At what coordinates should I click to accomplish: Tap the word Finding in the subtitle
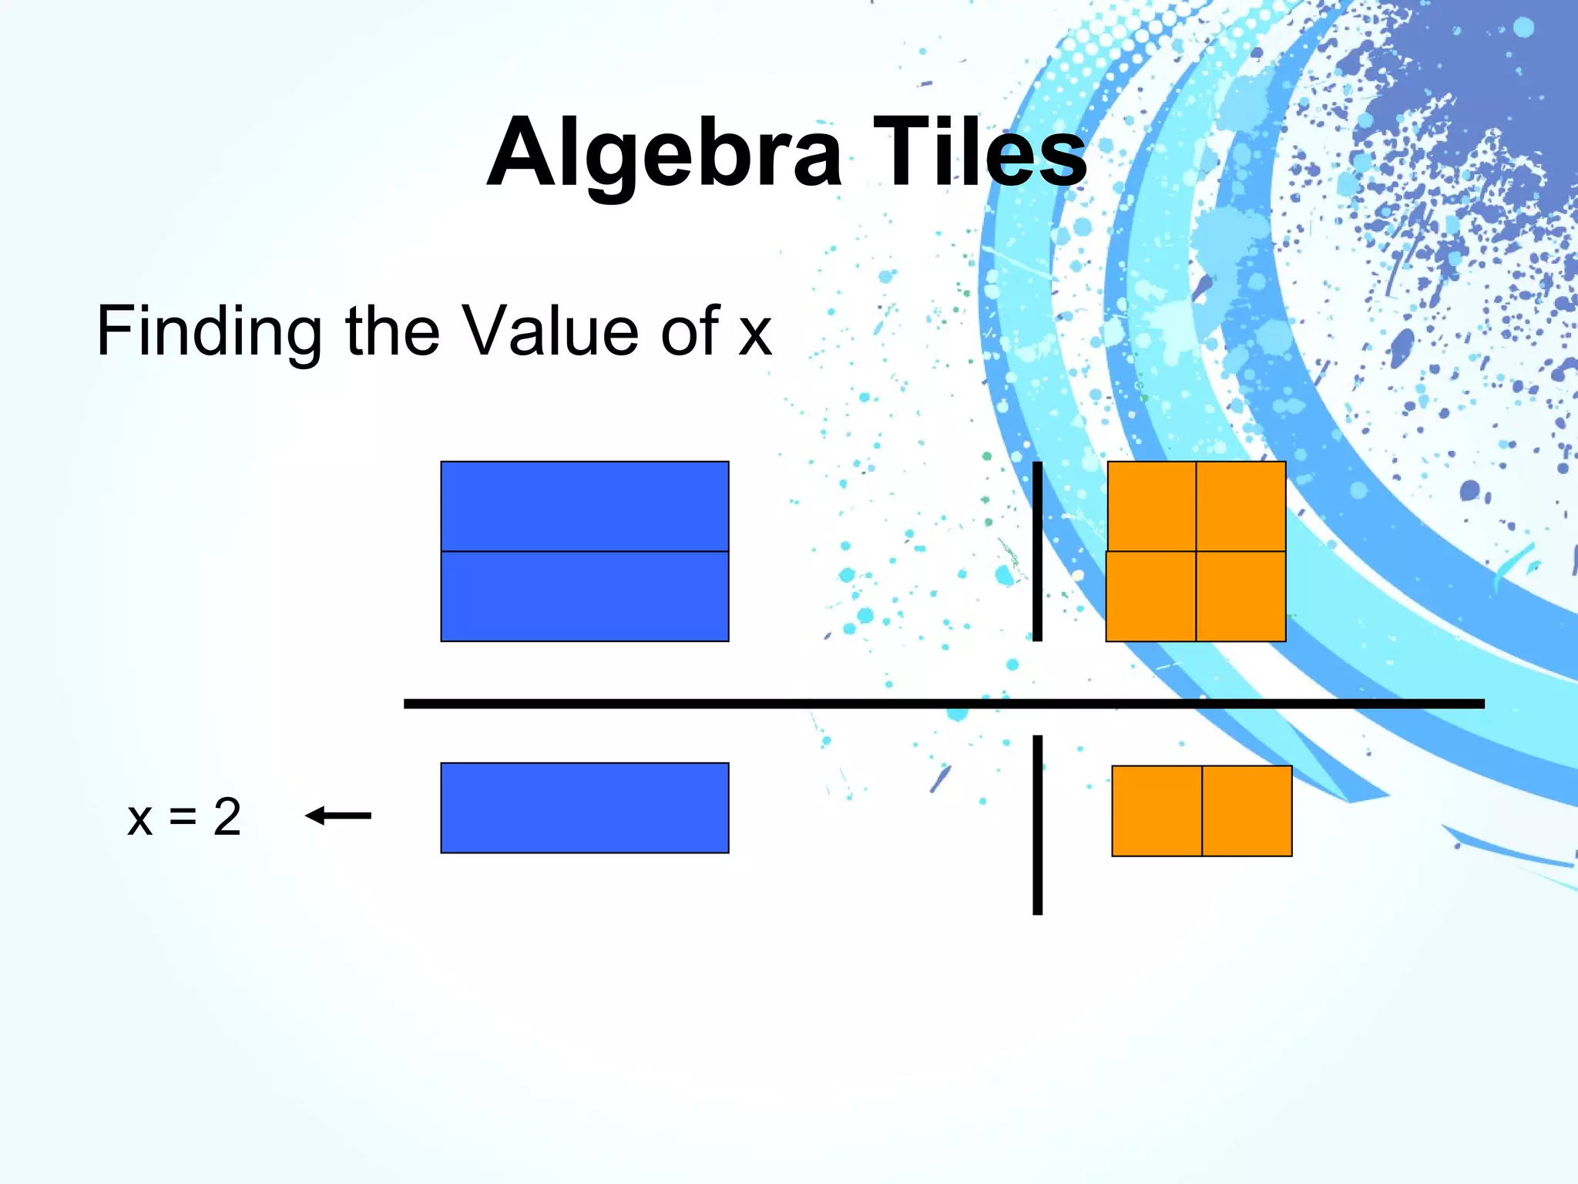[208, 331]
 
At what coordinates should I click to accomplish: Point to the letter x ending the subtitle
[754, 336]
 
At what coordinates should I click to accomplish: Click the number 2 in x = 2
[227, 816]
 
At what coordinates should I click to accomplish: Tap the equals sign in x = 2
[183, 817]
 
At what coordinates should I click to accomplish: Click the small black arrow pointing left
[338, 815]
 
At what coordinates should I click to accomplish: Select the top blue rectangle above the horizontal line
[584, 506]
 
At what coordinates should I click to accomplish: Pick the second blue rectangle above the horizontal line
[584, 596]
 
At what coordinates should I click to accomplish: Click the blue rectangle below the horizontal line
[584, 808]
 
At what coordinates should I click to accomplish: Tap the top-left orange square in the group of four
[1151, 506]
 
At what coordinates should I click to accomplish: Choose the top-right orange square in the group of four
[1241, 506]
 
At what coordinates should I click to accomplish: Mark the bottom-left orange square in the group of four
[1150, 596]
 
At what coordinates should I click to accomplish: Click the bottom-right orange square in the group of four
[1241, 596]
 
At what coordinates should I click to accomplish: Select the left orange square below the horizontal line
[1157, 811]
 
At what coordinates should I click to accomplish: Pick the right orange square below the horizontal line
[1247, 811]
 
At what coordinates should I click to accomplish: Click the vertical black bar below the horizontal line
[1037, 825]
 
